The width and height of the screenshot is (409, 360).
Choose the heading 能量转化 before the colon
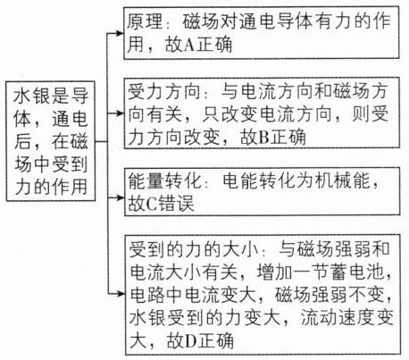pyautogui.click(x=164, y=180)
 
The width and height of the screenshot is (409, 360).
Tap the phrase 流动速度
pyautogui.click(x=338, y=317)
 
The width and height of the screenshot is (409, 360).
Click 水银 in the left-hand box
pyautogui.click(x=31, y=96)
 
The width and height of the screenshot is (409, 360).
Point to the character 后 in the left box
pyautogui.click(x=22, y=141)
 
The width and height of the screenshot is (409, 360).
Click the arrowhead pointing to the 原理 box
pyautogui.click(x=120, y=33)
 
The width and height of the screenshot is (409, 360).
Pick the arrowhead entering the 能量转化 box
pyautogui.click(x=121, y=197)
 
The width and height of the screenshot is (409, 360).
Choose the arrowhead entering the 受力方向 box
pyautogui.click(x=120, y=113)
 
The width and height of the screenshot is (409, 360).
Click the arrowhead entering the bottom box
pyautogui.click(x=121, y=294)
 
